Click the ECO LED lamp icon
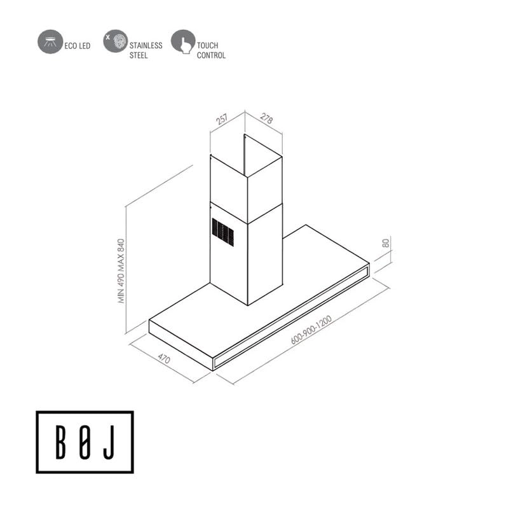49,41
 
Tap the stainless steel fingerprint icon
114,41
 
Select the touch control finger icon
182,41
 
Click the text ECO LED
78,46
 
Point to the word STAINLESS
146,46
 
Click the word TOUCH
207,46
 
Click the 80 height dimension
385,243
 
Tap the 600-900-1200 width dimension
311,330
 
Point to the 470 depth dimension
164,358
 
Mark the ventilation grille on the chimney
223,232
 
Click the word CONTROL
211,56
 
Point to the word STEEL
139,56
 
